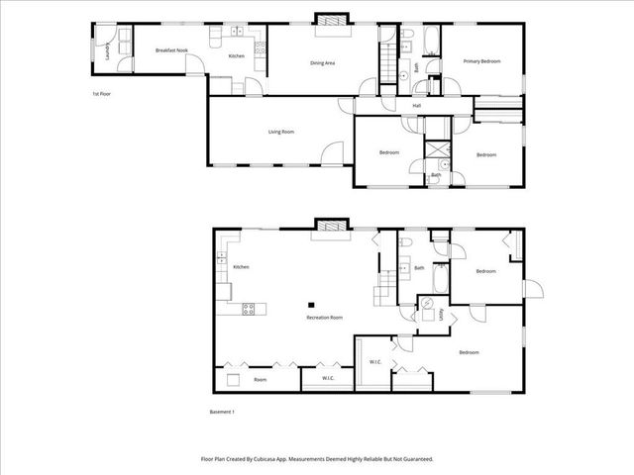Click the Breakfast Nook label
coord(172,49)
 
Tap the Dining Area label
coord(323,63)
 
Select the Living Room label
coord(281,132)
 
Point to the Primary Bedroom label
coord(482,61)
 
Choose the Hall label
coord(417,105)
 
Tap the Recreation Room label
coord(323,317)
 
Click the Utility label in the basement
coord(441,316)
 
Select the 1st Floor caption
coord(102,94)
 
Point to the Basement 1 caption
coord(224,412)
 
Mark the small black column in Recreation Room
coord(310,305)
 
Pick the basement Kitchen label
coord(241,267)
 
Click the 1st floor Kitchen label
coord(237,55)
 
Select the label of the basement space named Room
coord(260,379)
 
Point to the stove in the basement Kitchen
coord(250,310)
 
